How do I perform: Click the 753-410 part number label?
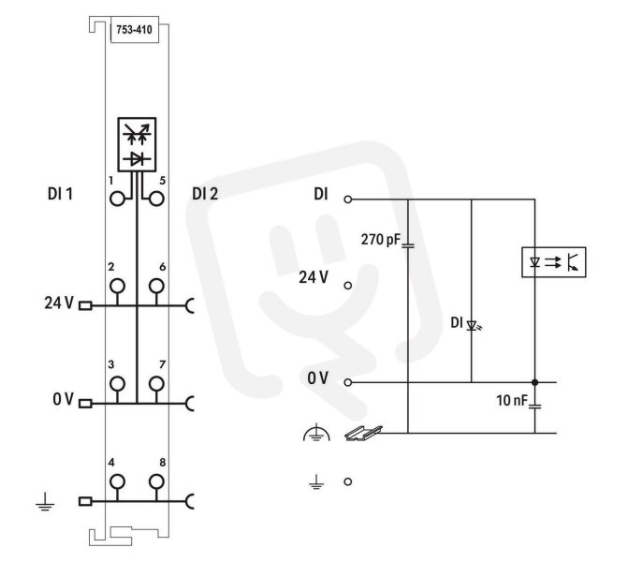pyautogui.click(x=134, y=30)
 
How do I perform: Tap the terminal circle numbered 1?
pyautogui.click(x=117, y=199)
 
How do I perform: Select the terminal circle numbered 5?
pyautogui.click(x=156, y=199)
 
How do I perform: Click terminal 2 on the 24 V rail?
pyautogui.click(x=117, y=287)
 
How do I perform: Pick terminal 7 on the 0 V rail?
pyautogui.click(x=156, y=384)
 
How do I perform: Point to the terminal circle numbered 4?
pyautogui.click(x=117, y=481)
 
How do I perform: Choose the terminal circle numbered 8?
pyautogui.click(x=156, y=481)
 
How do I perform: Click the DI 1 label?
pyautogui.click(x=60, y=194)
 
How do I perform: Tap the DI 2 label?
pyautogui.click(x=205, y=194)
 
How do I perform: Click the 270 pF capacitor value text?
pyautogui.click(x=381, y=239)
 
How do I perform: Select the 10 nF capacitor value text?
pyautogui.click(x=512, y=400)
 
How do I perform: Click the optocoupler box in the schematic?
pyautogui.click(x=554, y=262)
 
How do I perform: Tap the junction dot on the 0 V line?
pyautogui.click(x=534, y=382)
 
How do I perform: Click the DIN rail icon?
pyautogui.click(x=363, y=433)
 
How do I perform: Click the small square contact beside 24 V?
pyautogui.click(x=85, y=306)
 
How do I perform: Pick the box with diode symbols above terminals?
pyautogui.click(x=137, y=144)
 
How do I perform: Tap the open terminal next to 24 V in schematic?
pyautogui.click(x=348, y=286)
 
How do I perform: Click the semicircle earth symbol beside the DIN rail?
pyautogui.click(x=316, y=432)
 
